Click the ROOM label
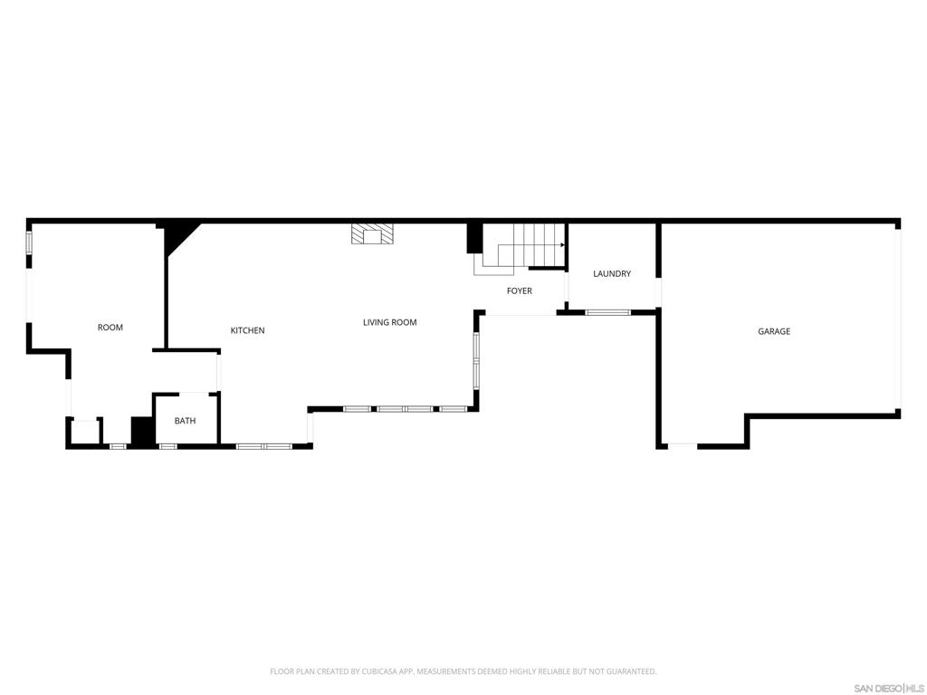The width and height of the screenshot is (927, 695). point(110,328)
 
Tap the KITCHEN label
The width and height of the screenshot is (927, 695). point(247,331)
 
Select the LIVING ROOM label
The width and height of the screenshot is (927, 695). point(389,323)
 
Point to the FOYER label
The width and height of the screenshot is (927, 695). point(520,291)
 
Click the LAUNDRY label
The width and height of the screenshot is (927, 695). point(612,274)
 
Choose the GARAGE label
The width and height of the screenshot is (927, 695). point(774,332)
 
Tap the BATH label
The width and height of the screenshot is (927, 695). point(185,421)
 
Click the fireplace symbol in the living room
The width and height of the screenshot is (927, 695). point(373,234)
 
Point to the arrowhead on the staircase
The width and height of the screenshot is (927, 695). point(563,245)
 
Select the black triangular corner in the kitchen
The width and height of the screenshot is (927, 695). point(177,238)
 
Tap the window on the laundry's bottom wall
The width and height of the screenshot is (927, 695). point(607,312)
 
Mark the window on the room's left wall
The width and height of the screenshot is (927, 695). point(29,243)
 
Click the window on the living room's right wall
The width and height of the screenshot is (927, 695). point(476,360)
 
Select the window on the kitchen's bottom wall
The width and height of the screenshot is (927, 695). point(263,445)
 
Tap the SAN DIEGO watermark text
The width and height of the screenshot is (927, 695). point(876,689)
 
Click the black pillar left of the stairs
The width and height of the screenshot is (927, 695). point(474,238)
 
